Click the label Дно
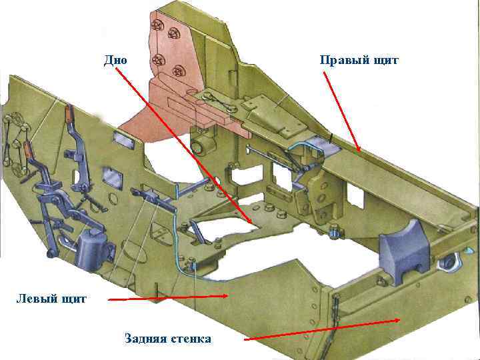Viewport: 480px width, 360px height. click(115, 61)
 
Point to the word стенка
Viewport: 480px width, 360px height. click(190, 339)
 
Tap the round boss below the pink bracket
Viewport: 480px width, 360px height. click(199, 146)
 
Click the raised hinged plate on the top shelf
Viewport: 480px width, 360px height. click(257, 105)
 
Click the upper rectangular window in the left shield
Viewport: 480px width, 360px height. click(122, 139)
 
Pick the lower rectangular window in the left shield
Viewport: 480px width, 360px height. click(109, 178)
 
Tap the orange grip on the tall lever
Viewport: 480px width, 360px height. click(69, 114)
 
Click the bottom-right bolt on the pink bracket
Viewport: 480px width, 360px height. click(179, 71)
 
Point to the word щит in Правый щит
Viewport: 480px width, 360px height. click(386, 61)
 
